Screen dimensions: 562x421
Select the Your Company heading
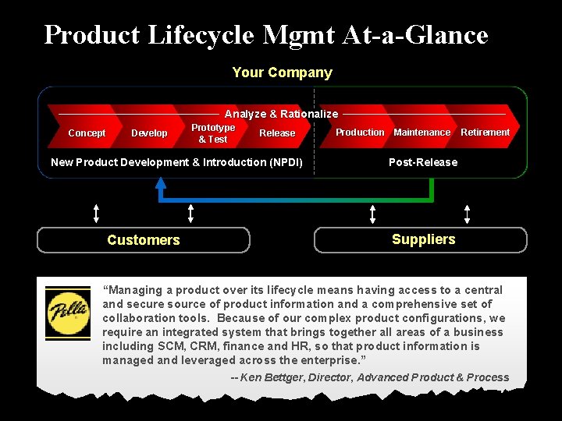coord(282,73)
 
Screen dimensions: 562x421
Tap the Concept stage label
coord(87,133)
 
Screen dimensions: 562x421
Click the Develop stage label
coord(149,133)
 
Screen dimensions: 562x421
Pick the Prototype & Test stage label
coord(213,133)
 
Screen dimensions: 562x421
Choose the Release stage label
coord(277,133)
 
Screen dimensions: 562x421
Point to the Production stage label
coord(360,133)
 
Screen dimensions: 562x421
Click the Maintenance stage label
coord(421,133)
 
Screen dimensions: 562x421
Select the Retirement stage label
coord(485,133)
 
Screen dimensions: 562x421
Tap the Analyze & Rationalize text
coord(281,114)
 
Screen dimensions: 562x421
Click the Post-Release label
coord(423,162)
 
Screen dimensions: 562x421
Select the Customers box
coord(144,240)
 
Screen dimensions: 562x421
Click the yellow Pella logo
coord(68,313)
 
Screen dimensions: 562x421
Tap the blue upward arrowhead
coord(161,184)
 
